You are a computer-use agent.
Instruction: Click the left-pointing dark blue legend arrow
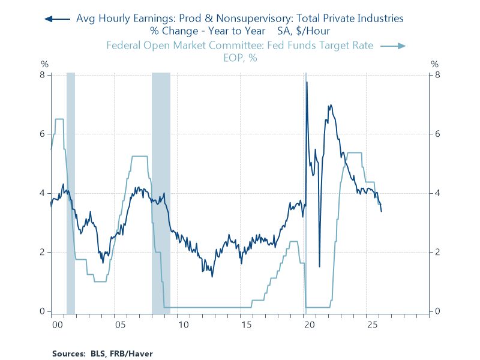(x=58, y=19)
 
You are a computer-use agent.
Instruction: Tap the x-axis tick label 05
(x=120, y=325)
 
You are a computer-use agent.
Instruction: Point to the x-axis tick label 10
(x=183, y=325)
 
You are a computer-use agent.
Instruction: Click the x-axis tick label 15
(x=246, y=325)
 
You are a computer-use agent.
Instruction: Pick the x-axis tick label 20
(x=309, y=325)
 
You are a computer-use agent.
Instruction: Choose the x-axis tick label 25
(x=372, y=325)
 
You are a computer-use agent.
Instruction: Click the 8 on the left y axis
(x=43, y=75)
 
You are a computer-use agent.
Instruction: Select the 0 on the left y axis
(x=43, y=311)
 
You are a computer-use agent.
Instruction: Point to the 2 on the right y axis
(x=438, y=253)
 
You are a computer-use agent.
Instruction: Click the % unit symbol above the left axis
(x=44, y=64)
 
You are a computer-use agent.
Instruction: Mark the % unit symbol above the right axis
(x=436, y=64)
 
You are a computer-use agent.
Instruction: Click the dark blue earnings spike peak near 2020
(x=307, y=82)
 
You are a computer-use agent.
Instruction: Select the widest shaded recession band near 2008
(x=161, y=192)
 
